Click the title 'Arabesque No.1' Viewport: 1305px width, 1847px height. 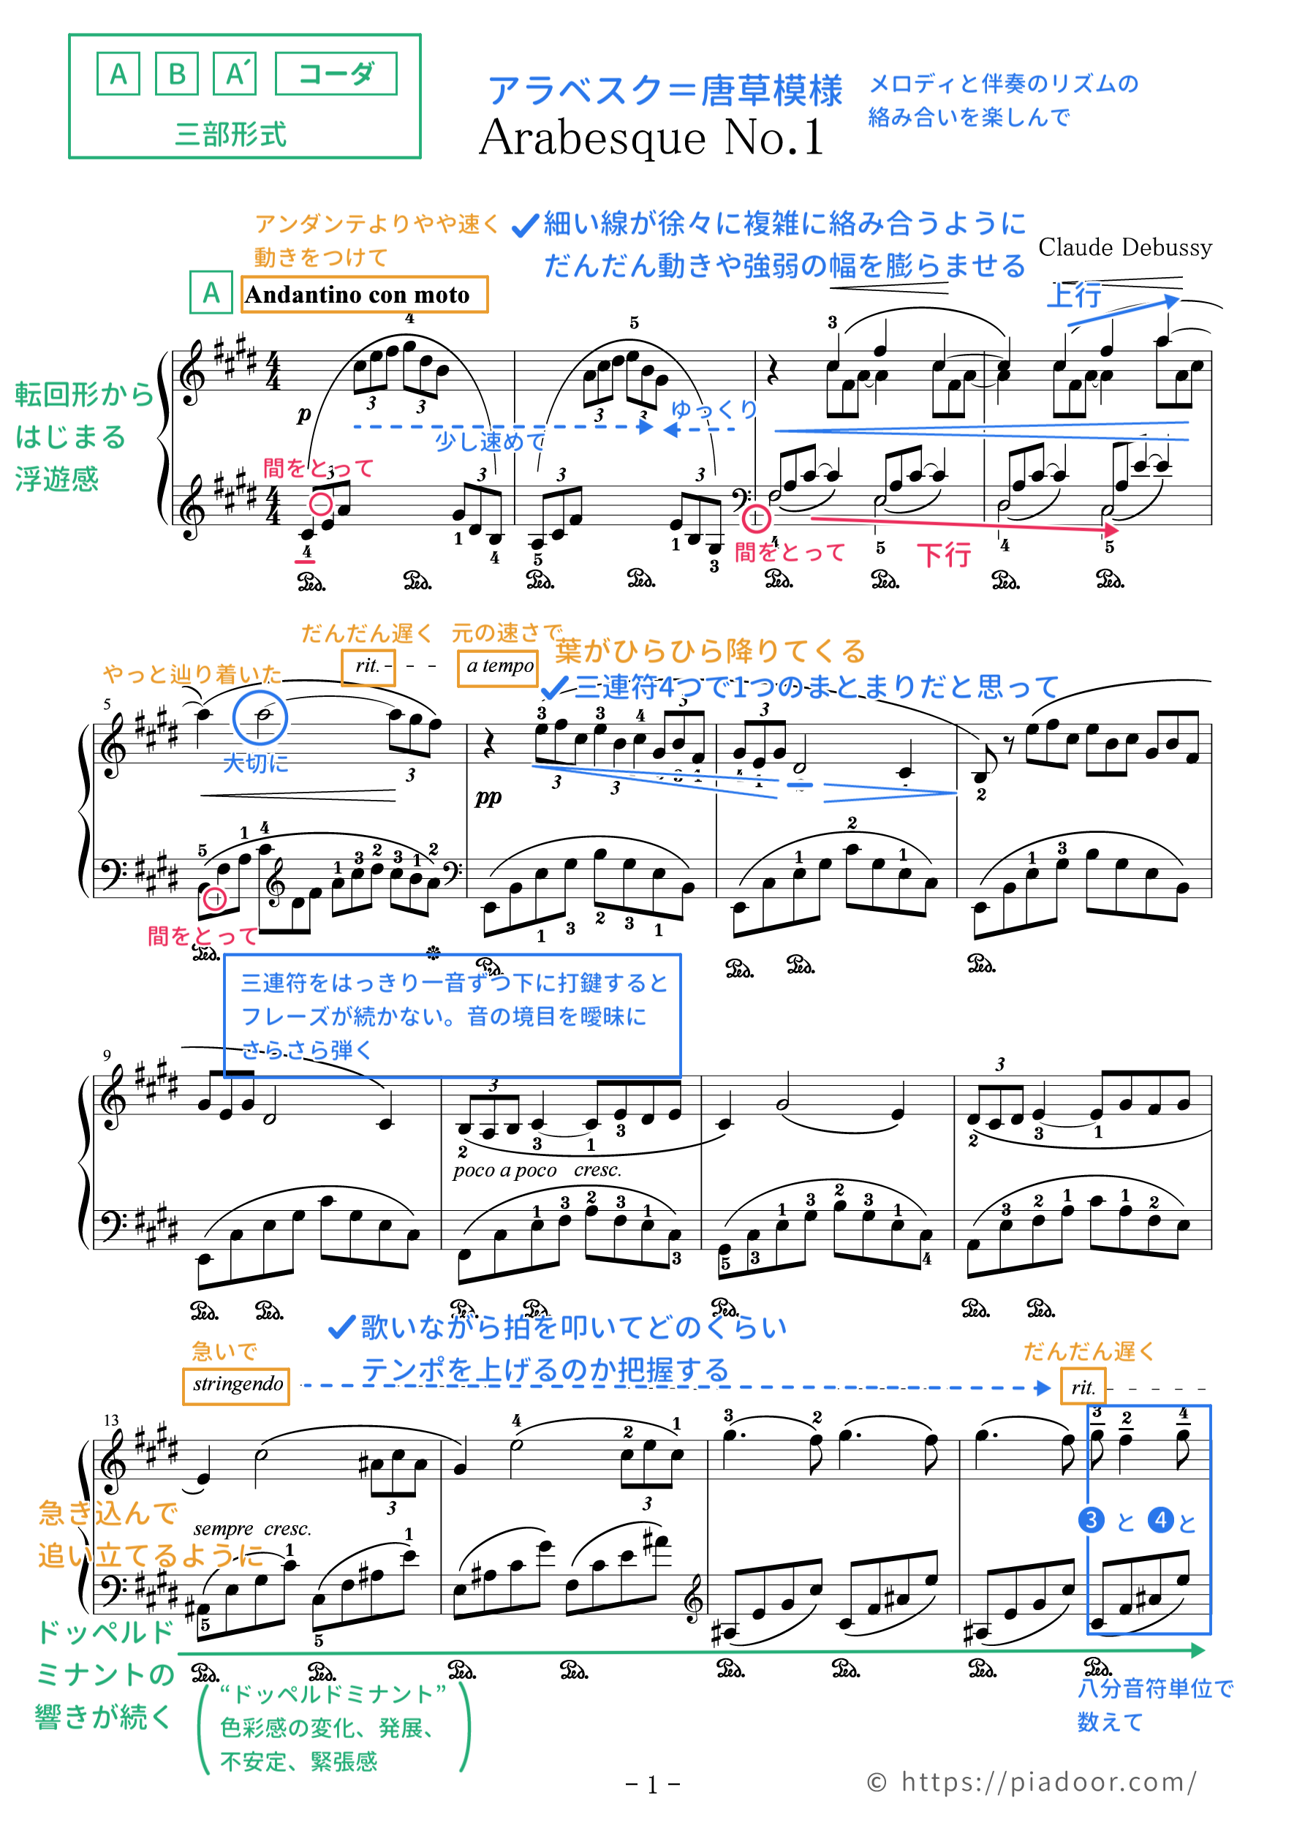(x=651, y=137)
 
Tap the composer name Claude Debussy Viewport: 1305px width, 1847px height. (x=1124, y=248)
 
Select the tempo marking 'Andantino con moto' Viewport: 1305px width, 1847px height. (x=358, y=295)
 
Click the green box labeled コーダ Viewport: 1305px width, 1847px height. (x=336, y=74)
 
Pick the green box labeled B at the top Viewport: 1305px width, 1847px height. (x=176, y=74)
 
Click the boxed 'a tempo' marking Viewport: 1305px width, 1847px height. (x=499, y=667)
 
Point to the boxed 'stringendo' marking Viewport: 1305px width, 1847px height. (x=237, y=1384)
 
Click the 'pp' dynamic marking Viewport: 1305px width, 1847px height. (x=488, y=796)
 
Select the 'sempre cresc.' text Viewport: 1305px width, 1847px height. (x=251, y=1529)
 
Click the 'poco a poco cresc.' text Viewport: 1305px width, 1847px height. (x=537, y=1171)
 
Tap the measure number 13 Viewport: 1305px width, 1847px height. (x=110, y=1421)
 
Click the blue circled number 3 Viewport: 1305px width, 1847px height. (x=1090, y=1520)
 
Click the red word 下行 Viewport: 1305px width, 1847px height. (x=944, y=555)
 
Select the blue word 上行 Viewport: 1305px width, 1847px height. (x=1074, y=296)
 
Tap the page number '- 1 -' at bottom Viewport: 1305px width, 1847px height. (x=652, y=1785)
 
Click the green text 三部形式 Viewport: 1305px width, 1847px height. (x=231, y=134)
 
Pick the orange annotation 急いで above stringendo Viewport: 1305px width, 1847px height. (x=224, y=1351)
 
